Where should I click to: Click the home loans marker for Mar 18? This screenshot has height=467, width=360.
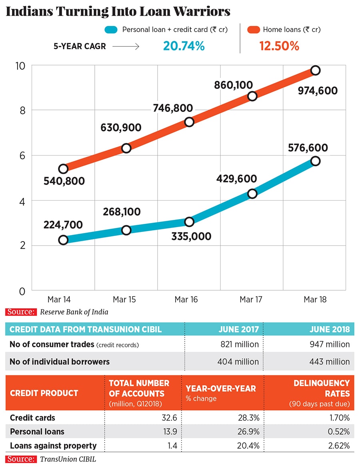315,70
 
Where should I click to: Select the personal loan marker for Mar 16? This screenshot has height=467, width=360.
189,222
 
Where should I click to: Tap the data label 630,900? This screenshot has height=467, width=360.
121,128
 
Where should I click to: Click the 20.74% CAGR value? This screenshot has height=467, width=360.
184,46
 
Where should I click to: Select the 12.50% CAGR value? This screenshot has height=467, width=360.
279,46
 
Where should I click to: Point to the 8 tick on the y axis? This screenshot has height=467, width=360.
23,110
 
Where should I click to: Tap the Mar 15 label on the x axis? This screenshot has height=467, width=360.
125,299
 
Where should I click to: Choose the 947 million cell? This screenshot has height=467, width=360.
330,344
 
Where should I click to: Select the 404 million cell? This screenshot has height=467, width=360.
238,362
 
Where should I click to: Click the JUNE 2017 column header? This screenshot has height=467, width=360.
238,329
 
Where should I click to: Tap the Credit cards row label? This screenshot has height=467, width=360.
32,418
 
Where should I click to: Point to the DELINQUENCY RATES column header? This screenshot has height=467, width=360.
321,388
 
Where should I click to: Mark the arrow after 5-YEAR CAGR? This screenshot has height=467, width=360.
126,46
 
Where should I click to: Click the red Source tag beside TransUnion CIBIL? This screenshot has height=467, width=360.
21,459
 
